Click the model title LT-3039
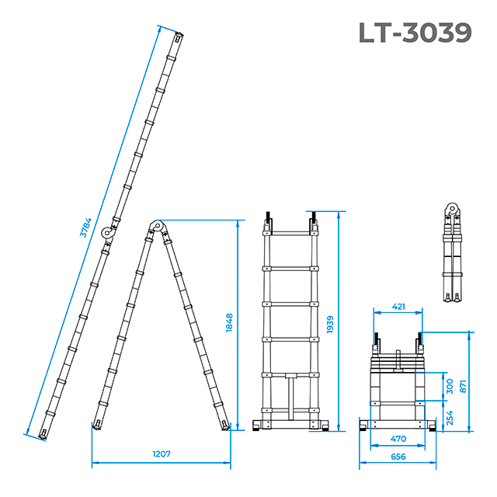415,33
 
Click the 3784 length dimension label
85,228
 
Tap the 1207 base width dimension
162,454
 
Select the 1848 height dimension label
229,323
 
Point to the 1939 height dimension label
330,325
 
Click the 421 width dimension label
398,307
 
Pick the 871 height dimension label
463,387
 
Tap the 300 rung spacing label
450,387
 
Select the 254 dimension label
450,418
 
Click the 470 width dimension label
398,439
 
